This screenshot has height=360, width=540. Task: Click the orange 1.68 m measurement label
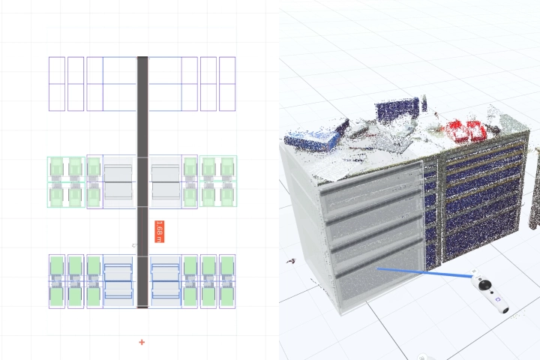click(x=160, y=232)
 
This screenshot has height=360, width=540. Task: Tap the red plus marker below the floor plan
click(x=142, y=342)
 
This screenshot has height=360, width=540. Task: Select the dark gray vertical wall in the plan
click(x=142, y=182)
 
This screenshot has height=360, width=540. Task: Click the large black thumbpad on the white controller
click(x=485, y=284)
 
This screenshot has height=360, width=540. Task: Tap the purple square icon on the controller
click(x=497, y=300)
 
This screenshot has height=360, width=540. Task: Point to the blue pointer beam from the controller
click(x=425, y=272)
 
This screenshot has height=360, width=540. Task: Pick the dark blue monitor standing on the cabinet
click(x=397, y=109)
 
